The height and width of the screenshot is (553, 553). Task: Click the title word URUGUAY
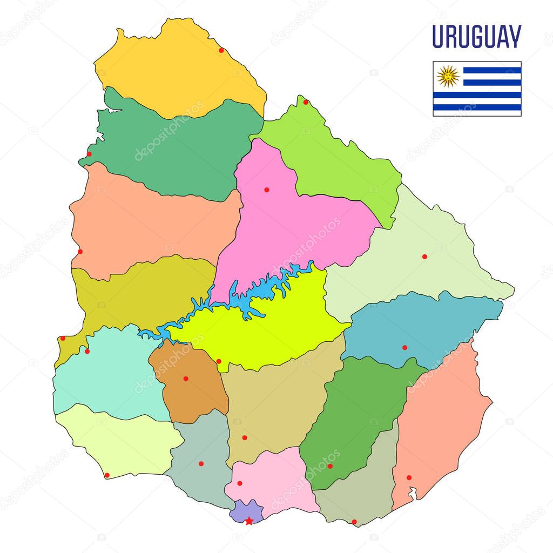coord(476,37)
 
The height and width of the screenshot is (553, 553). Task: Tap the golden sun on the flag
coord(448,76)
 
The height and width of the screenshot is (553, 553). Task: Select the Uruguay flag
coord(477,89)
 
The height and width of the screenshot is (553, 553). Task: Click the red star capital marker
coord(248,521)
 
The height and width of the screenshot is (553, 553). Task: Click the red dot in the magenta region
coord(266,190)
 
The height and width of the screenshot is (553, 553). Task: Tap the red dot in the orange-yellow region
coord(221,50)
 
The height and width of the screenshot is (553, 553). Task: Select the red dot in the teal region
coord(404,347)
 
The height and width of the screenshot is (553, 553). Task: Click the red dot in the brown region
coord(186,379)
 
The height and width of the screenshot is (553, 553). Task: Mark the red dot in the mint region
coord(87,351)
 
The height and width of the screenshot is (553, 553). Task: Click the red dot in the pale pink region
coord(240,483)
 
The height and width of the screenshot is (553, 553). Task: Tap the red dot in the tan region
coord(244,437)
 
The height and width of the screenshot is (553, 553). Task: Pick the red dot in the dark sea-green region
coord(89,154)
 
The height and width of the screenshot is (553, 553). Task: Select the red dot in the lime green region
coord(306,102)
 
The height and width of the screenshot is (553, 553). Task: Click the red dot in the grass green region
coord(330,466)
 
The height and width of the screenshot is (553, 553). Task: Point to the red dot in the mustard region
coord(63,338)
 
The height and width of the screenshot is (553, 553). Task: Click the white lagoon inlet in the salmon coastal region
coord(413,493)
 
